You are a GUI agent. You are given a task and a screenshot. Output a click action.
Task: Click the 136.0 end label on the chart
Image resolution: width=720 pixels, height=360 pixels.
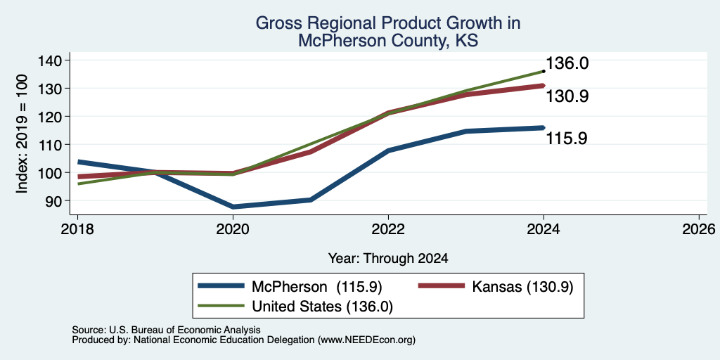pyautogui.click(x=567, y=63)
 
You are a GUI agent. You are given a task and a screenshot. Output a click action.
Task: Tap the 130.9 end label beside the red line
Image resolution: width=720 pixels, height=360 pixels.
pyautogui.click(x=567, y=96)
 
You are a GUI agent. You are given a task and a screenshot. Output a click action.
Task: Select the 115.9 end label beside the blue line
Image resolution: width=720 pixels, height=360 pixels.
pyautogui.click(x=566, y=139)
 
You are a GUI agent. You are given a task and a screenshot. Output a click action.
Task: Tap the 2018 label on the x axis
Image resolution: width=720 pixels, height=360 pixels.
pyautogui.click(x=77, y=229)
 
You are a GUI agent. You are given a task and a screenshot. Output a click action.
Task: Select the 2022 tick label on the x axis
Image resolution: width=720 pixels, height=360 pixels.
pyautogui.click(x=388, y=229)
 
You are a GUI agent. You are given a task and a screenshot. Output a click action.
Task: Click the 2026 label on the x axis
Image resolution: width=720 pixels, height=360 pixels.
pyautogui.click(x=699, y=229)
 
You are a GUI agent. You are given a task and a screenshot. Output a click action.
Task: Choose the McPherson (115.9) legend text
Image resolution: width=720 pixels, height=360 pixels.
pyautogui.click(x=317, y=287)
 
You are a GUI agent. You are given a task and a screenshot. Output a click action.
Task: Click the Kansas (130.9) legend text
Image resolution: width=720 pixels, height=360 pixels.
pyautogui.click(x=522, y=287)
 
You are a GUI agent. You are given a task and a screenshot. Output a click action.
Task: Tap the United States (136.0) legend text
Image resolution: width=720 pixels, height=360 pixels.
pyautogui.click(x=322, y=307)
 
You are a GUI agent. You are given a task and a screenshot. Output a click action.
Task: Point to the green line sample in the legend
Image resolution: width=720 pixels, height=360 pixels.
pyautogui.click(x=221, y=307)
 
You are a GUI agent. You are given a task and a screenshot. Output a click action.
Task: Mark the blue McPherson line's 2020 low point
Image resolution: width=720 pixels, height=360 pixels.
pyautogui.click(x=233, y=207)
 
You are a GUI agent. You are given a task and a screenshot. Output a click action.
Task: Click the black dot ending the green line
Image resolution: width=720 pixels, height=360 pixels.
pyautogui.click(x=544, y=71)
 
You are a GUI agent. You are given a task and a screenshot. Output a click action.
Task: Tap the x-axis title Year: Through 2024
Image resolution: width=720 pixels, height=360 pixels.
pyautogui.click(x=388, y=258)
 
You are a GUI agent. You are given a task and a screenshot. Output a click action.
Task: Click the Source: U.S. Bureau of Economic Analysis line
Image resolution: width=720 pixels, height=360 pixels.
pyautogui.click(x=166, y=330)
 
